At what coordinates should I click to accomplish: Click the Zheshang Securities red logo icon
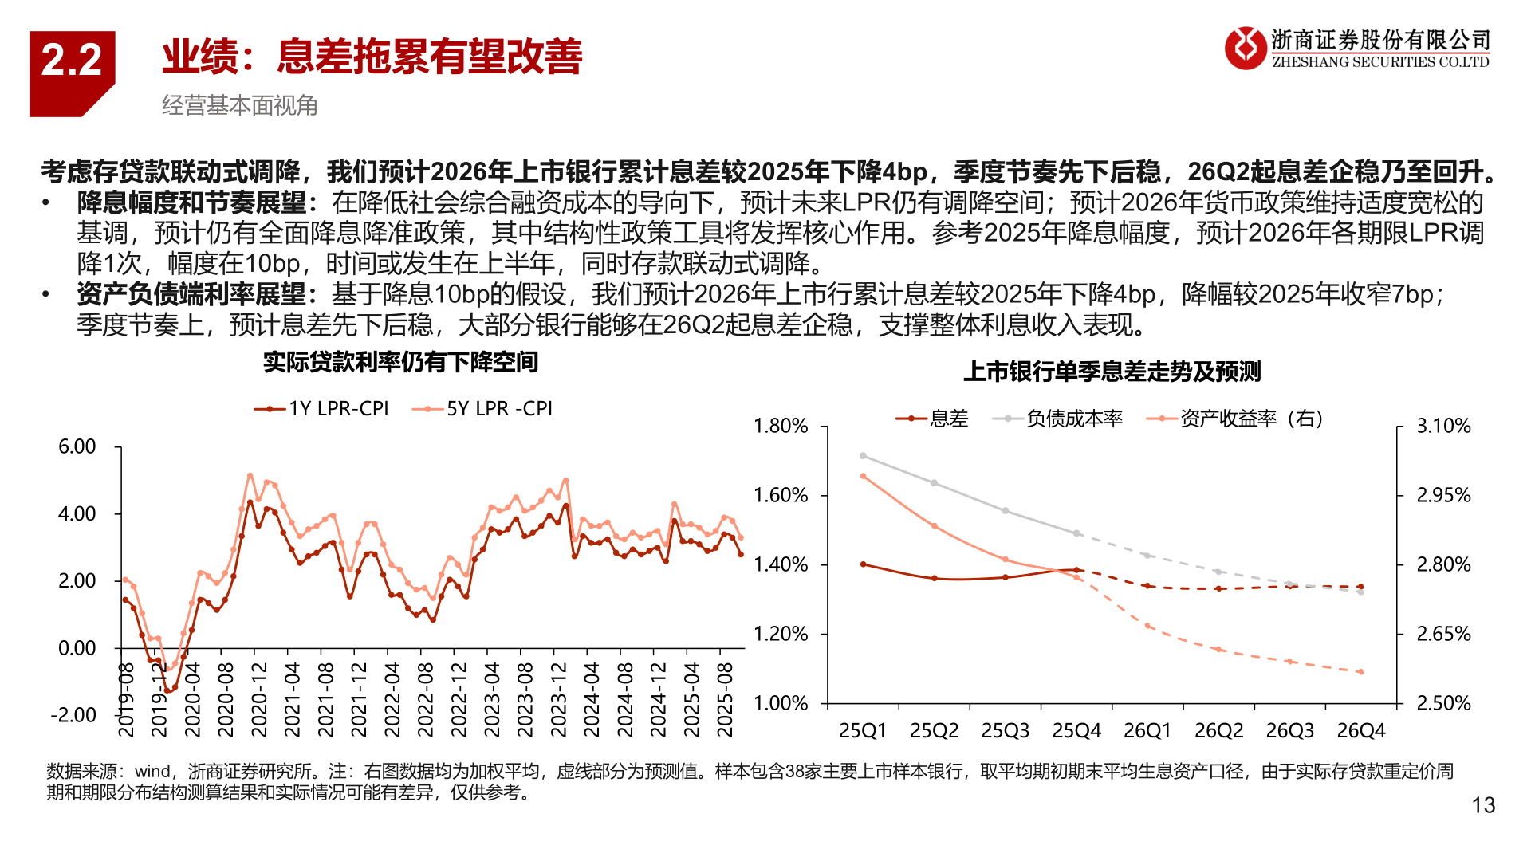[x=1245, y=48]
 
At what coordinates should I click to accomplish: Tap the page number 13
[x=1483, y=806]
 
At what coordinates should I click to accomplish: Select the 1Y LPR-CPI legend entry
[x=322, y=409]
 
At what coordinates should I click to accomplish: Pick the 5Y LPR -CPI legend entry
[x=483, y=409]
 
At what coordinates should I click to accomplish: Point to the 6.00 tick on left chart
[x=77, y=446]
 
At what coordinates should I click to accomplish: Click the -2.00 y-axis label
[x=73, y=715]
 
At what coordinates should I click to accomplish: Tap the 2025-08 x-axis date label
[x=725, y=700]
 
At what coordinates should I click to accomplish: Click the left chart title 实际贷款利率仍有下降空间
[x=401, y=362]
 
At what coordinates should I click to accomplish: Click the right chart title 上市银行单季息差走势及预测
[x=1112, y=372]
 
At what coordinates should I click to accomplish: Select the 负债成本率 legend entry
[x=1058, y=419]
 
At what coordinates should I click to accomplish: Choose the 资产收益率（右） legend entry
[x=1236, y=419]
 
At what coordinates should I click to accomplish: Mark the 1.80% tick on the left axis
[x=781, y=427]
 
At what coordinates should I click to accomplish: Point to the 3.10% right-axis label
[x=1443, y=427]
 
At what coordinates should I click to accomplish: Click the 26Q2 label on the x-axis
[x=1218, y=731]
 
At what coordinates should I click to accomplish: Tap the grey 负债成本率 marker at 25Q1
[x=863, y=456]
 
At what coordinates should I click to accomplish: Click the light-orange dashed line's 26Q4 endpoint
[x=1361, y=672]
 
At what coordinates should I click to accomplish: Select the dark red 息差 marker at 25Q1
[x=863, y=564]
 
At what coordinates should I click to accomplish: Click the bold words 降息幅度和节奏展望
[x=191, y=202]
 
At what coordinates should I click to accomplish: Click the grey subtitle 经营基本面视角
[x=239, y=105]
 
